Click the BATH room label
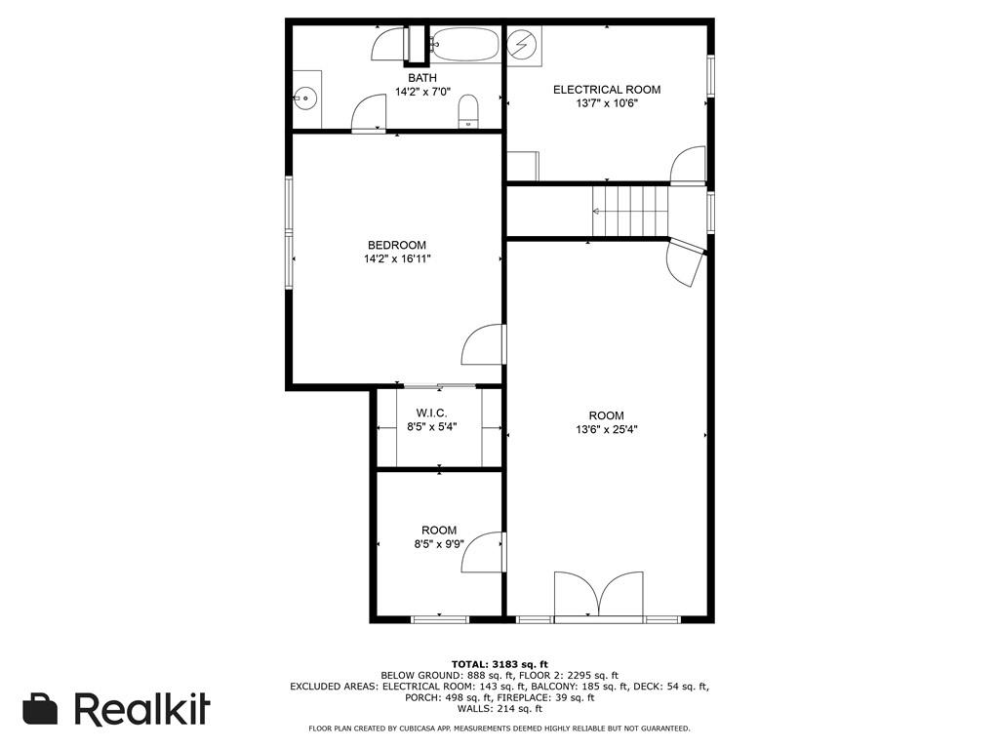click(422, 78)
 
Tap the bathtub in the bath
click(464, 44)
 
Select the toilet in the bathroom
click(468, 111)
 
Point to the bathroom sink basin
click(305, 99)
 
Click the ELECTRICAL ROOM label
click(607, 90)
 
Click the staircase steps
click(630, 211)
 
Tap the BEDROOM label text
click(397, 245)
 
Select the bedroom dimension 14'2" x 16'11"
click(397, 259)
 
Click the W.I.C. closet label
click(431, 414)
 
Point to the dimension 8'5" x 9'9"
click(439, 544)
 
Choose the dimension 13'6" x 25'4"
click(607, 430)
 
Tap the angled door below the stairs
click(686, 261)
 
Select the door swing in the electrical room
click(689, 166)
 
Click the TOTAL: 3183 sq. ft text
click(499, 664)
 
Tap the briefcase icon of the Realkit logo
click(40, 708)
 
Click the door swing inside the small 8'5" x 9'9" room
click(482, 552)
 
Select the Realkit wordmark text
click(141, 708)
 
